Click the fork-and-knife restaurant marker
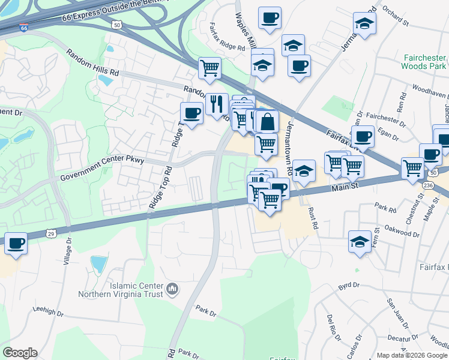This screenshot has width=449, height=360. click(x=217, y=104)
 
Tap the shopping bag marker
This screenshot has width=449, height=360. click(x=267, y=122)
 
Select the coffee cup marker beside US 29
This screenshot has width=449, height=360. click(x=16, y=244)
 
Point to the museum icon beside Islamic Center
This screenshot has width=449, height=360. click(x=172, y=290)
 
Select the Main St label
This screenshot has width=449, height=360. click(x=345, y=187)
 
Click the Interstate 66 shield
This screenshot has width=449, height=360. click(x=23, y=28)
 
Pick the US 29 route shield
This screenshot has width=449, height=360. click(x=53, y=232)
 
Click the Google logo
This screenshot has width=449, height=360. click(x=19, y=353)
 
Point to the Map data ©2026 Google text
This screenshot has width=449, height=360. click(x=412, y=355)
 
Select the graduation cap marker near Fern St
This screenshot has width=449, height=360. click(x=360, y=242)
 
